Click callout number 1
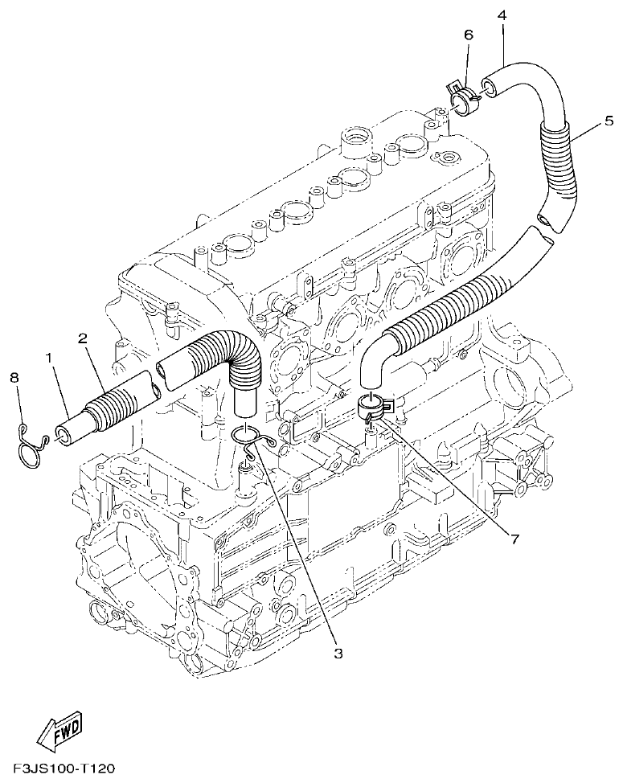(x=51, y=356)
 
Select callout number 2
(x=83, y=338)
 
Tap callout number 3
(x=338, y=654)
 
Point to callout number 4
(x=502, y=14)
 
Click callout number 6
(x=469, y=35)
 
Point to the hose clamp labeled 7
(x=374, y=405)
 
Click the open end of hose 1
(x=62, y=436)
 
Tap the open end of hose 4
(x=488, y=84)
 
